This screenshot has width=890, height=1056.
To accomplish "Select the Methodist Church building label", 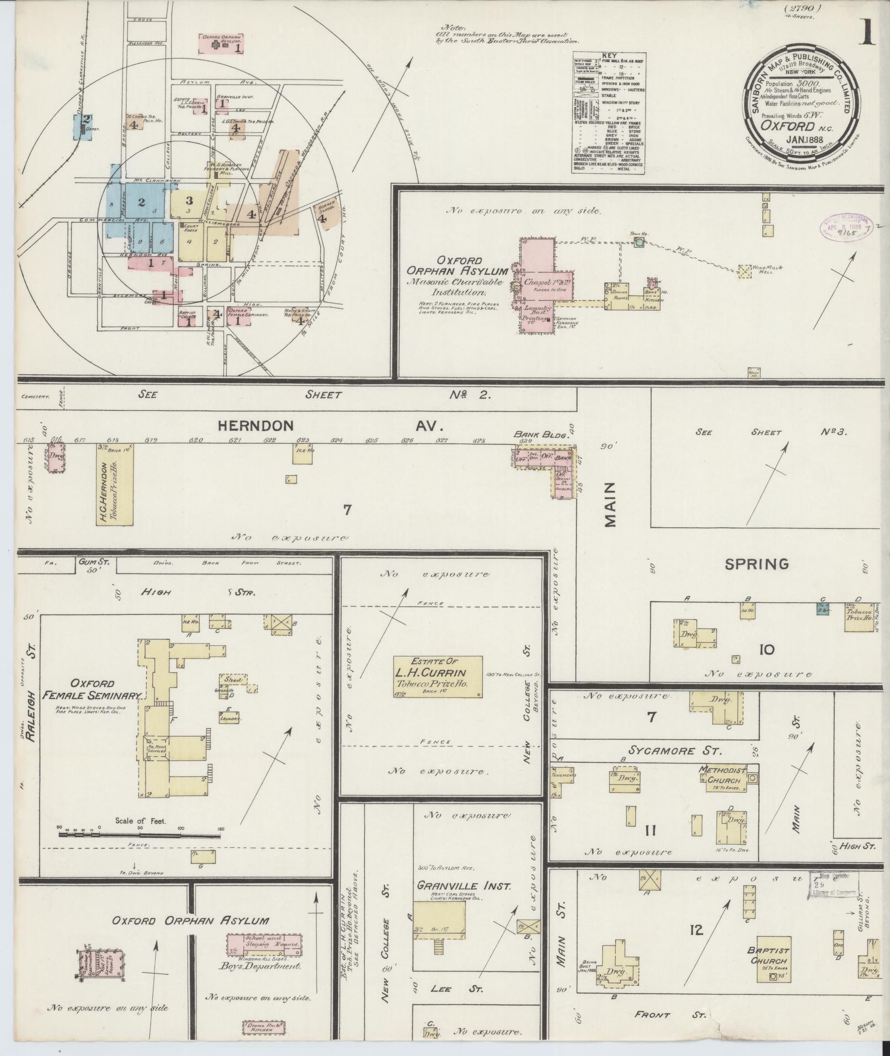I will (x=722, y=776).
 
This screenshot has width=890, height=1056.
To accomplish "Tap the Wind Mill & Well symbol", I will (x=745, y=270).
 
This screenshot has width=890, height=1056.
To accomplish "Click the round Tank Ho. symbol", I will (x=639, y=242).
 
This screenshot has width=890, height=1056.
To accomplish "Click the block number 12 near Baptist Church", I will (x=696, y=931).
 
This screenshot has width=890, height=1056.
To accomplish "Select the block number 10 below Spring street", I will (x=766, y=650).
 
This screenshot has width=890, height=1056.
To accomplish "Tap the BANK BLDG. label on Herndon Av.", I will (x=541, y=435).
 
